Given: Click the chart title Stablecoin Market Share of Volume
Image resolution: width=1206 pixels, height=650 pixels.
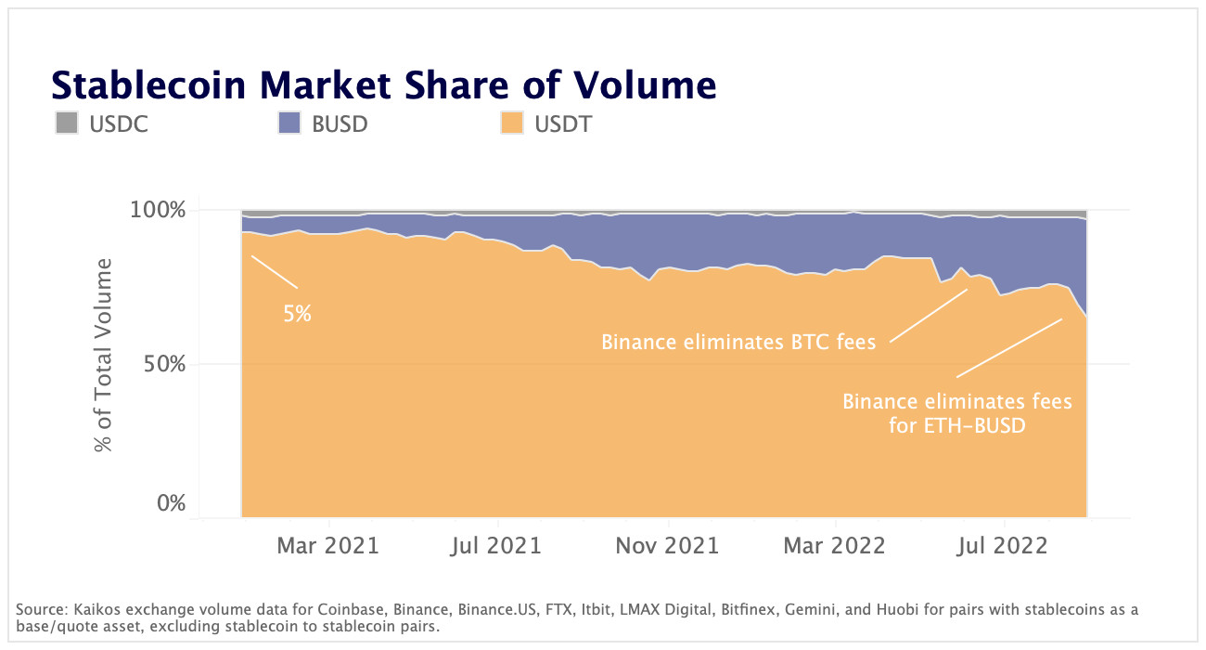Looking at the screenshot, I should [x=383, y=84].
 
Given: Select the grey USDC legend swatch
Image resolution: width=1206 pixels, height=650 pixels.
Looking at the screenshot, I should [x=66, y=123].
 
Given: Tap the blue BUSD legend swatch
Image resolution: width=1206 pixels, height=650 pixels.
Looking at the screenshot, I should [x=289, y=123].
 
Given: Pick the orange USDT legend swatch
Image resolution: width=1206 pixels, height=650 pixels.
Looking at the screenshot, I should [x=511, y=123].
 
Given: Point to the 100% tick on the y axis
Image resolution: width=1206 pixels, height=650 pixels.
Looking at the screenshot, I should [x=160, y=211].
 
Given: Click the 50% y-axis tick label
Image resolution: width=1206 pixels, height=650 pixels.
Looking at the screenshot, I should [x=165, y=364].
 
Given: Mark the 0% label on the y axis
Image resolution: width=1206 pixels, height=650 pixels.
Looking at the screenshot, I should [x=171, y=504].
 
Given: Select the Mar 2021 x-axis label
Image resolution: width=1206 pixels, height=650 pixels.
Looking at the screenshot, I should [x=328, y=545].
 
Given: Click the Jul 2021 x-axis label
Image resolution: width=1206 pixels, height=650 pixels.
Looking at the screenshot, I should [x=496, y=545].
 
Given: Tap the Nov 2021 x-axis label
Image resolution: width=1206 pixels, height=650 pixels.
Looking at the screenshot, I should [x=667, y=545].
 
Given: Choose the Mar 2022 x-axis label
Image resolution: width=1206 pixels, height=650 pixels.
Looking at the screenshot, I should [x=835, y=545].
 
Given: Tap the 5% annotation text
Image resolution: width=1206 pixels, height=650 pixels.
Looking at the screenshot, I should [x=297, y=314].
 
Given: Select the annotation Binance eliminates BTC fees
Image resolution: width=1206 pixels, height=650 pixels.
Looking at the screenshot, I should [x=738, y=342].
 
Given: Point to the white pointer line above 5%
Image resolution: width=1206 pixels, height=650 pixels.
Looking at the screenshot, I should [x=275, y=271].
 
